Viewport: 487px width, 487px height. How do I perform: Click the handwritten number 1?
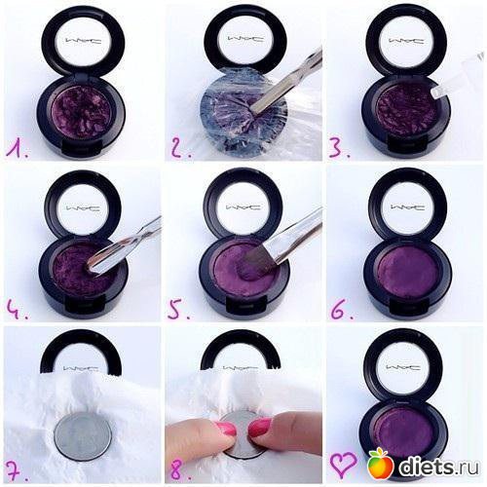pyautogui.click(x=17, y=149)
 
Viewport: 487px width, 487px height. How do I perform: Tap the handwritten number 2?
pyautogui.click(x=180, y=149)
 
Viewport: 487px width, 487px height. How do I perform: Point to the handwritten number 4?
pyautogui.click(x=16, y=310)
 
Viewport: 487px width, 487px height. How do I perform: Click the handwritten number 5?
pyautogui.click(x=178, y=310)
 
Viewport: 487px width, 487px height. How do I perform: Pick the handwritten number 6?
pyautogui.click(x=341, y=310)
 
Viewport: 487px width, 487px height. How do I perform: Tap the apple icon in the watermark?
pyautogui.click(x=381, y=464)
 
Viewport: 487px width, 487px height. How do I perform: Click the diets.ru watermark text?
pyautogui.click(x=439, y=467)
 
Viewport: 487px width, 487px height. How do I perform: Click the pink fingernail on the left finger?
pyautogui.click(x=225, y=429)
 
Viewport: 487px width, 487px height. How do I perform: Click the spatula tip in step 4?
pyautogui.click(x=92, y=267)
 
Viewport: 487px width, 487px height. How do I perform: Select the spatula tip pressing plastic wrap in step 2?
pyautogui.click(x=256, y=110)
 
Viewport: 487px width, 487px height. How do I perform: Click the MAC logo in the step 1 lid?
pyautogui.click(x=84, y=41)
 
